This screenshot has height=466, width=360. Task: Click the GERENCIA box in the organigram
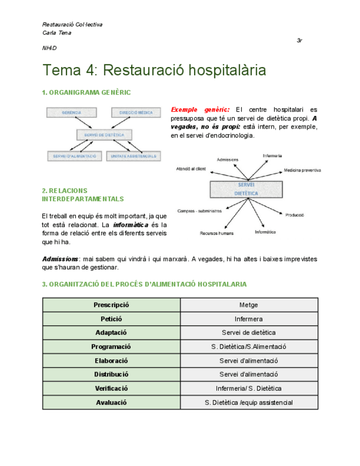coord(71,113)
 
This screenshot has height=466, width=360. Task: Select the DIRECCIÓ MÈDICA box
coord(136,113)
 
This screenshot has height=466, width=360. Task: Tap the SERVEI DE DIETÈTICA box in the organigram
coord(104,135)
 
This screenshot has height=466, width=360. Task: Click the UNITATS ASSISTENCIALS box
coord(132,156)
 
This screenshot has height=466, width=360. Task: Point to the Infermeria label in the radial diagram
coord(272,156)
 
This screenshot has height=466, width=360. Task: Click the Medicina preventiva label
coord(302,170)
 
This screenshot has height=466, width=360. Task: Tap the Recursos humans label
coord(216,233)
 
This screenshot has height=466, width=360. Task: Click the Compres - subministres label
coord(200,210)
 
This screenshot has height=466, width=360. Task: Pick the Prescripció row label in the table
coord(112,305)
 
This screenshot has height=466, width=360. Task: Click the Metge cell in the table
coord(249,305)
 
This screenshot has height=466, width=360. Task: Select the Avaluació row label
coord(112,402)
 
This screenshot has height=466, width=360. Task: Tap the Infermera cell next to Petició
coord(249,319)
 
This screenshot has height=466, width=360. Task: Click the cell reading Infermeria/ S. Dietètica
coord(249,389)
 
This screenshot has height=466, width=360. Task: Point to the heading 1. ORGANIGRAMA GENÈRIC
coord(86,92)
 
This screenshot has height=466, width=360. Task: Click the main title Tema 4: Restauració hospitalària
coord(154,70)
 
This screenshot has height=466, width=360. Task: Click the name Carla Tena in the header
coord(57,33)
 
